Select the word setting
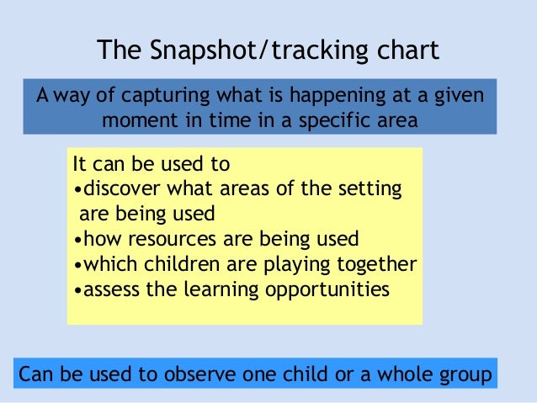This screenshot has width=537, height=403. pyautogui.click(x=372, y=188)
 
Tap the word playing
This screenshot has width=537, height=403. pyautogui.click(x=298, y=264)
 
